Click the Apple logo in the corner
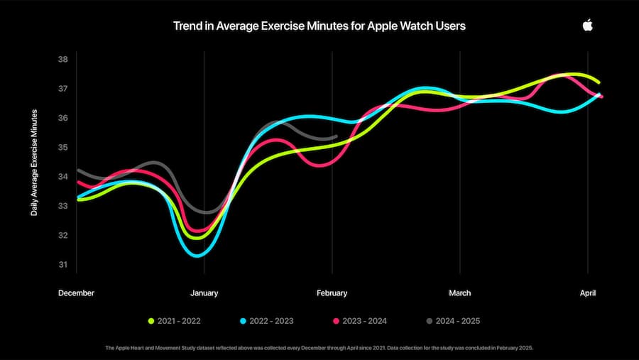587,26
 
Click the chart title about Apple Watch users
319,26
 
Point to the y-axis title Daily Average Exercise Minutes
33,163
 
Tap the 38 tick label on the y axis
62,59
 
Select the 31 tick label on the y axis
62,265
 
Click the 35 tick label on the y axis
62,148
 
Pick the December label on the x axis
76,293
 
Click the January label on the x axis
204,293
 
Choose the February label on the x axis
332,293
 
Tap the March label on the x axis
459,293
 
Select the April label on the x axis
587,293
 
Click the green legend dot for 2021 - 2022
151,321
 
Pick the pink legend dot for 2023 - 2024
336,321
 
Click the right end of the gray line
337,136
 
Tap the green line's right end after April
599,82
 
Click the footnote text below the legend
319,347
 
